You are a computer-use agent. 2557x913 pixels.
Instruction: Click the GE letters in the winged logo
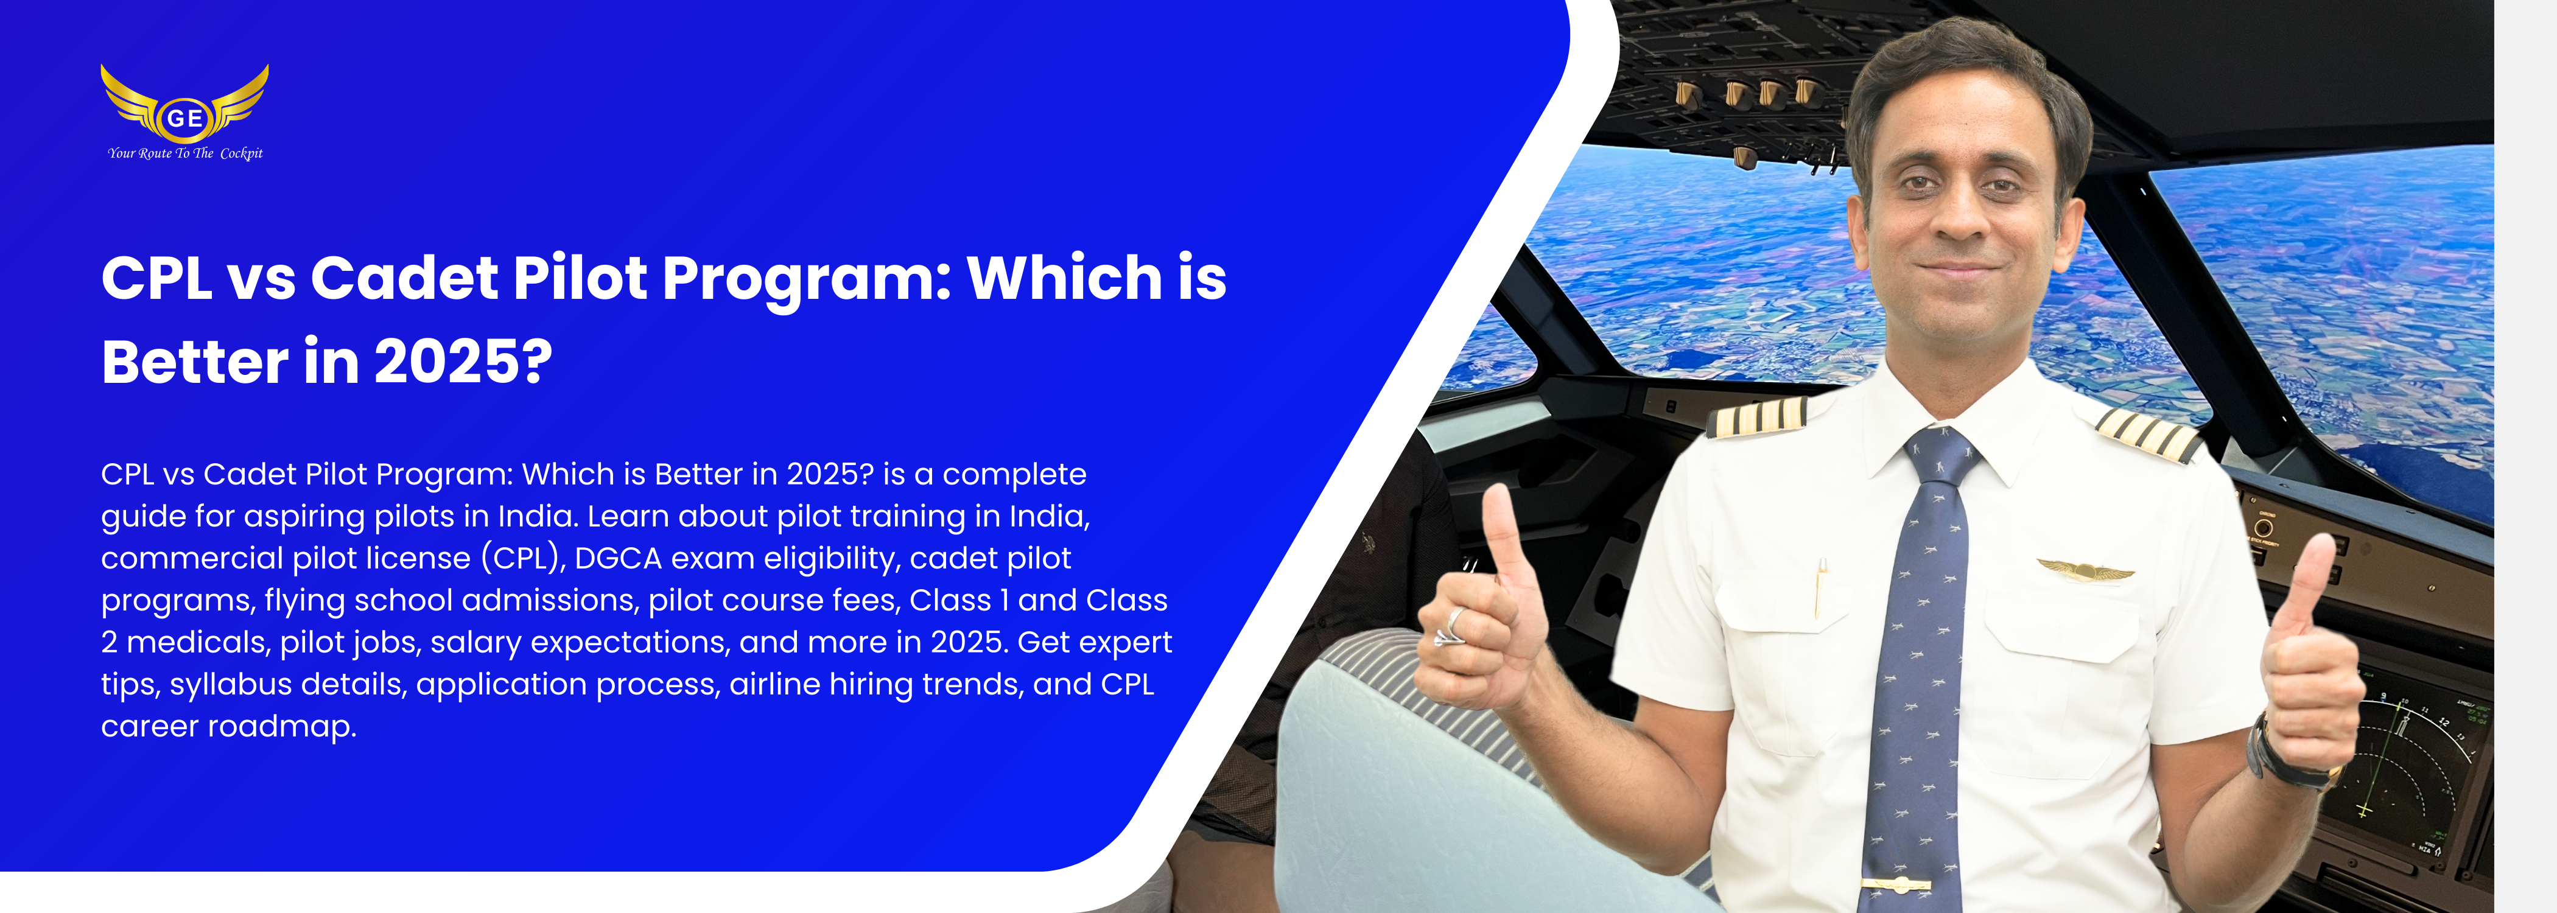(x=184, y=118)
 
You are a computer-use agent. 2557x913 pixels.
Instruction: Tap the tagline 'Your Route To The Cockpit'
(x=186, y=153)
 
